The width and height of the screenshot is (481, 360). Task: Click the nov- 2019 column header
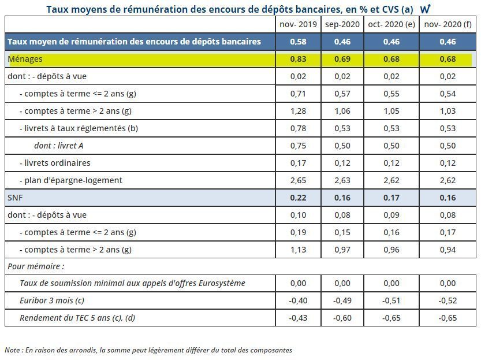click(297, 24)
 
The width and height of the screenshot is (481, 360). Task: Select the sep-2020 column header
click(342, 24)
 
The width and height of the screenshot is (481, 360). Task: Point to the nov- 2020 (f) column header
click(448, 24)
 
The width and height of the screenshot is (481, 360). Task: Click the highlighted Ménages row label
click(25, 59)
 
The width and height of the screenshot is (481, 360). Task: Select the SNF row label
click(15, 198)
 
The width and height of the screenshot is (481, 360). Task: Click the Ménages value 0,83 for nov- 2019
click(297, 59)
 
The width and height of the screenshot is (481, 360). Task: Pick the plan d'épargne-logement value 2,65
click(297, 180)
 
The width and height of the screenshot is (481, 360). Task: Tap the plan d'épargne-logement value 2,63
click(342, 180)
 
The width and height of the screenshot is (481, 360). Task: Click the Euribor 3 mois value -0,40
click(297, 300)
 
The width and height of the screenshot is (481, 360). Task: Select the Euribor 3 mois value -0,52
click(448, 300)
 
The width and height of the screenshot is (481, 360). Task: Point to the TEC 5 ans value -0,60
click(342, 318)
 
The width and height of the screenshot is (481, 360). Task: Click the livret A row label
click(59, 146)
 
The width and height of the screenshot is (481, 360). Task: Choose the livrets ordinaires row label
click(55, 163)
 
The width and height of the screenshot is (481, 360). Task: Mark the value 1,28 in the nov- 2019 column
click(297, 111)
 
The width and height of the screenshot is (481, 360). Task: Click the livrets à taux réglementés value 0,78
click(297, 128)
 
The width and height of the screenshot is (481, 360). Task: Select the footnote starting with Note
click(148, 350)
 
